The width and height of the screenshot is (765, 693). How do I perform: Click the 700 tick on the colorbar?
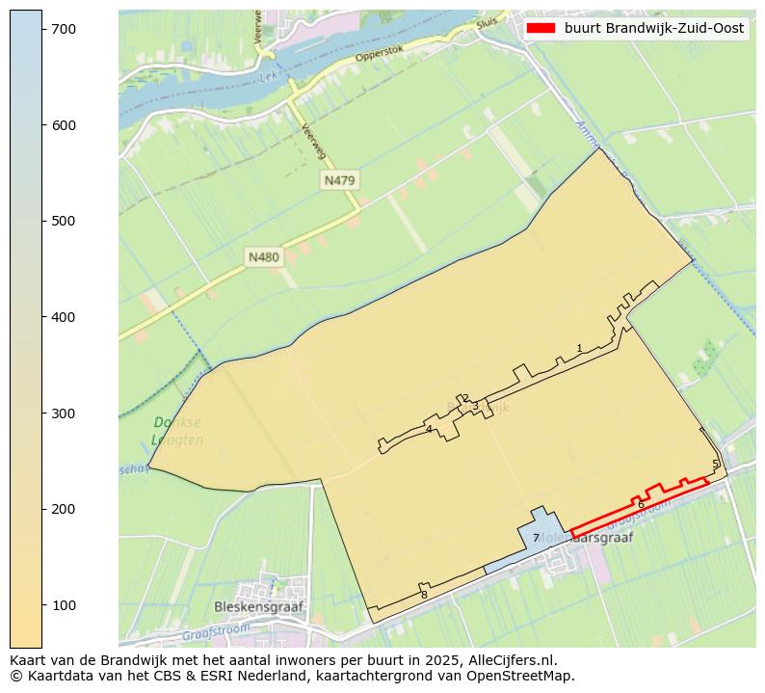pos(42,30)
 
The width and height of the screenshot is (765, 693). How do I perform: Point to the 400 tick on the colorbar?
pos(42,317)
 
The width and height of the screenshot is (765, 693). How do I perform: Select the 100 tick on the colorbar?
pos(42,604)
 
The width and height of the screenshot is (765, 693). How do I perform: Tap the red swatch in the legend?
pos(541,29)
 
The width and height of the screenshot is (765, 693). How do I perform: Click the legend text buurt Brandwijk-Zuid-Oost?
pos(653,29)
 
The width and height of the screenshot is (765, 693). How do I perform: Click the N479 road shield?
pos(340,180)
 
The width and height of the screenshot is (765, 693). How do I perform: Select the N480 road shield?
pos(263,257)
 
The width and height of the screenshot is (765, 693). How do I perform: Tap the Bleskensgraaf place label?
pos(258,608)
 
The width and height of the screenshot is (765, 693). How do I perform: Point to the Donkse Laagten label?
pos(177,431)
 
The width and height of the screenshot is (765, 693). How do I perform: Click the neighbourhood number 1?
pos(579,348)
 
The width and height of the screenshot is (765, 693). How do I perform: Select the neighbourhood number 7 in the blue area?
pos(536,538)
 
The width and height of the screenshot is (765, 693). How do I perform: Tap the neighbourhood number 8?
pos(424,595)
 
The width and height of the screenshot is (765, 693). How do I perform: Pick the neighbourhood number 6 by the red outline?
pos(641,504)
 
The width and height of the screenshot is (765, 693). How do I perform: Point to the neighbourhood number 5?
pos(715,464)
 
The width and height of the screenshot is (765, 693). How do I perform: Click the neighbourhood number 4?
pos(429,429)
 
